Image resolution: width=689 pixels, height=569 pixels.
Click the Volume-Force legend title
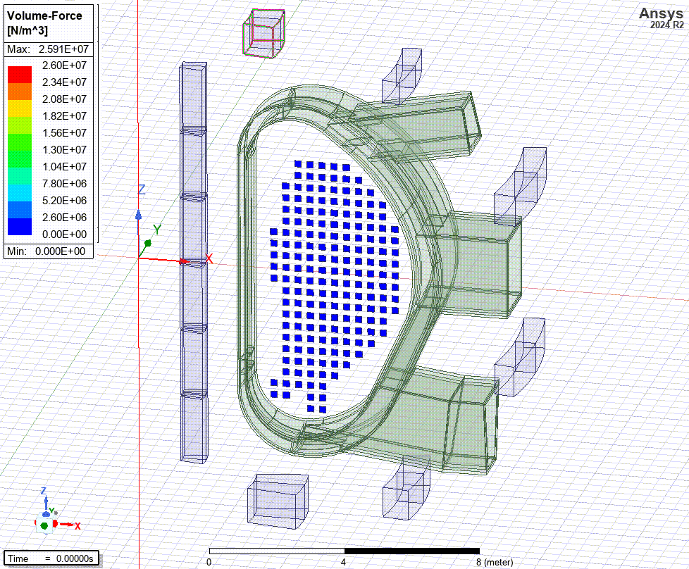(44, 15)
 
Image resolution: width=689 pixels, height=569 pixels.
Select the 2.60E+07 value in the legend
(64, 65)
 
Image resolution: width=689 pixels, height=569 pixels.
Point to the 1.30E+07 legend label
(64, 150)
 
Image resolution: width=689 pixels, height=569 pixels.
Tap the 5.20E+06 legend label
(64, 201)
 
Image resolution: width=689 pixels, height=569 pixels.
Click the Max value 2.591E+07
(63, 49)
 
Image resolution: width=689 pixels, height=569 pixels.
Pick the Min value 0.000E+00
(60, 251)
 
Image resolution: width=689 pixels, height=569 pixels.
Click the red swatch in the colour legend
(20, 74)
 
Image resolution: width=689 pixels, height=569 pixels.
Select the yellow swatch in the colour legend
(20, 108)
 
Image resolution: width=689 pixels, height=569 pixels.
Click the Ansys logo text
(661, 13)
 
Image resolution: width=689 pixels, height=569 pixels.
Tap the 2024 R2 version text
(667, 25)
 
